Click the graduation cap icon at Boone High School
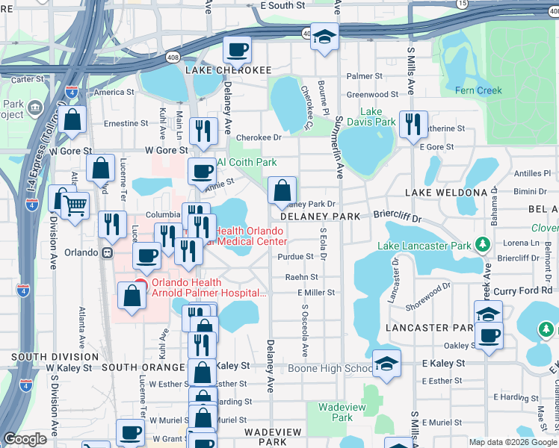click(x=386, y=364)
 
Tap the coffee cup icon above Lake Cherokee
click(x=237, y=50)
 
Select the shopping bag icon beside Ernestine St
click(x=72, y=119)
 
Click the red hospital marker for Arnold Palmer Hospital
click(x=140, y=284)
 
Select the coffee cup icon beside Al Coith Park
click(x=201, y=172)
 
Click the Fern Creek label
click(x=479, y=90)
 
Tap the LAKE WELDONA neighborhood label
click(x=446, y=193)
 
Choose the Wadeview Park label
click(x=335, y=412)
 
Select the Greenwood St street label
click(x=377, y=95)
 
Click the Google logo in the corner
click(x=25, y=439)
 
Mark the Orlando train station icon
click(x=108, y=252)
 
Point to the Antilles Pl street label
click(x=531, y=174)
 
